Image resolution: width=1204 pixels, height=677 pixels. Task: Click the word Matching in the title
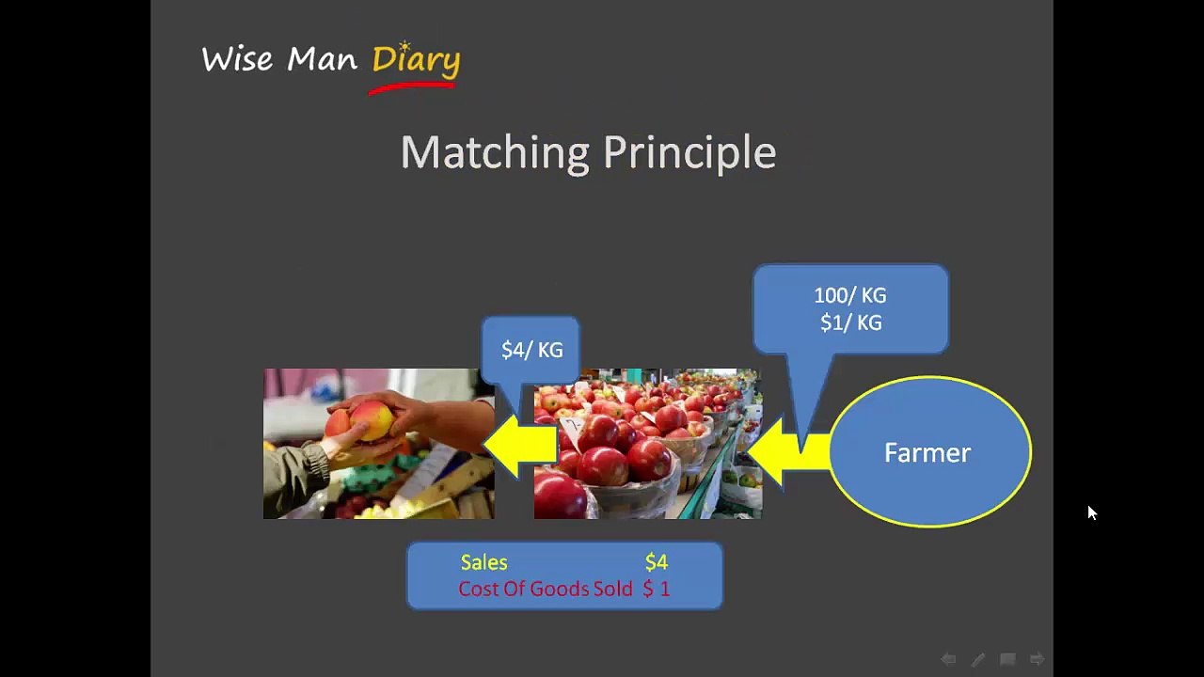point(495,153)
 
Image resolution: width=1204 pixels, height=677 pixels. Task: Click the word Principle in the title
point(689,153)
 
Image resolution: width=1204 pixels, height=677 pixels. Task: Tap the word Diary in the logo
point(416,59)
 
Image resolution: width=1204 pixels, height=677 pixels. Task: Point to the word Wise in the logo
point(237,58)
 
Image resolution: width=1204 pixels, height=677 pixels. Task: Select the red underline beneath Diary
point(412,87)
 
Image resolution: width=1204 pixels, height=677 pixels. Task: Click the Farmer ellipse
point(930,451)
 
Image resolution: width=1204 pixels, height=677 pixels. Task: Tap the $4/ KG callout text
point(532,350)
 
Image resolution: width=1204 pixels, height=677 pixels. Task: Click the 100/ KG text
point(850,295)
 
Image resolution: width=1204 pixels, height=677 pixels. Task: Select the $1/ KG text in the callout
point(851,323)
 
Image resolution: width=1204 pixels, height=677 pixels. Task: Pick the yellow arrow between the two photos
point(520,445)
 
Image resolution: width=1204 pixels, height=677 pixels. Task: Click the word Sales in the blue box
point(483,562)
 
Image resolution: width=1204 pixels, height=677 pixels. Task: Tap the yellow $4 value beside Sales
point(657,562)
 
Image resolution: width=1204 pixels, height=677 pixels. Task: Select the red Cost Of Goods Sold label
point(545,589)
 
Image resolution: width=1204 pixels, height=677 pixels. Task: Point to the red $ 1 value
point(657,589)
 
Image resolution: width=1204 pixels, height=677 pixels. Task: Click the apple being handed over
point(371,420)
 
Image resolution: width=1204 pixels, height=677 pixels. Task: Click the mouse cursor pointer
point(1092,512)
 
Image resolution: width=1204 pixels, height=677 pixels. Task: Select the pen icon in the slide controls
point(978,659)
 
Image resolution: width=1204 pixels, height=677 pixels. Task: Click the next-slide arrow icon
point(1037,658)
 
